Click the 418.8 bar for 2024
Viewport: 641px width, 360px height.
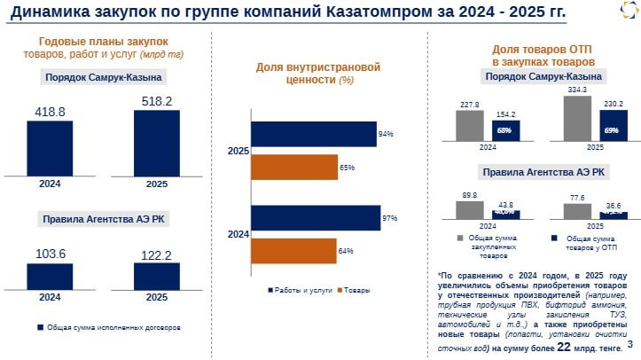click(50, 148)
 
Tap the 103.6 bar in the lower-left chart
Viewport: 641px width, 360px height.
click(50, 277)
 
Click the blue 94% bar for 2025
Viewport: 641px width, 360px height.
click(313, 134)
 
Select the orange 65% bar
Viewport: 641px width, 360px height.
click(293, 167)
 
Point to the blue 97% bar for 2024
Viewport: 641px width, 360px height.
click(316, 218)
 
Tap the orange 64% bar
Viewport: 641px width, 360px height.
click(293, 251)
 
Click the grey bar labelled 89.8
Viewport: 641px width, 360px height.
click(470, 209)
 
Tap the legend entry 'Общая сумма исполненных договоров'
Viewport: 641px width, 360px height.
click(109, 327)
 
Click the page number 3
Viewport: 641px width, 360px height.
click(629, 344)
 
